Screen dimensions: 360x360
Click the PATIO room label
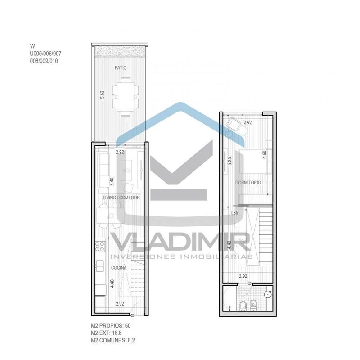coord(121,68)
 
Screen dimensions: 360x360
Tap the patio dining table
coord(126,97)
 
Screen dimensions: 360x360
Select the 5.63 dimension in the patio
coord(102,94)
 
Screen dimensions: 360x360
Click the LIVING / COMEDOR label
coord(121,198)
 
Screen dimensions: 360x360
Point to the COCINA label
coord(119,268)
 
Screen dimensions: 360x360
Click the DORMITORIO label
coord(248,183)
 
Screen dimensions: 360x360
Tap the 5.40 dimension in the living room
coord(112,182)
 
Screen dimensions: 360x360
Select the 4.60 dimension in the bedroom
coord(265,155)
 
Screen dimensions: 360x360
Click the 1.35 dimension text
coord(234,212)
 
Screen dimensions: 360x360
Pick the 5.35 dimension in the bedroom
coord(229,161)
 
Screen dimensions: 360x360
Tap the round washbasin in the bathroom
coord(268,294)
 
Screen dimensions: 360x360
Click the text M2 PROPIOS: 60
coord(111,325)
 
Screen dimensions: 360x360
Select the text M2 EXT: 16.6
coord(106,333)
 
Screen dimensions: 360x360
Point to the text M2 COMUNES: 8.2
coord(113,340)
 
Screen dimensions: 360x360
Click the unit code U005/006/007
coord(46,54)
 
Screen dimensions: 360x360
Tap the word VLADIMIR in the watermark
coord(181,241)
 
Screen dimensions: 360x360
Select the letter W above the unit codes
coord(32,46)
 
